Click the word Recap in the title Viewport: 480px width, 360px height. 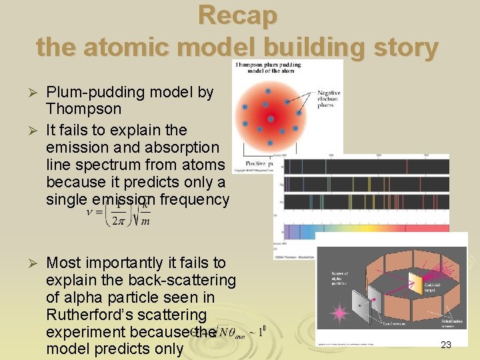[x=238, y=15]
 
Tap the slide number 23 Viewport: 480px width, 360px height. [x=446, y=345]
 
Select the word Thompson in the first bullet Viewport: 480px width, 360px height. [x=84, y=109]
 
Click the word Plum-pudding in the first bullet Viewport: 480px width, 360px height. [x=99, y=92]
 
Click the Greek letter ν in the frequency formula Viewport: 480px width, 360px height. [x=90, y=213]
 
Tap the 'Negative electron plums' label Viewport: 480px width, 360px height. [x=327, y=99]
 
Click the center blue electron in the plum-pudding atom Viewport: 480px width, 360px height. [x=271, y=119]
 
